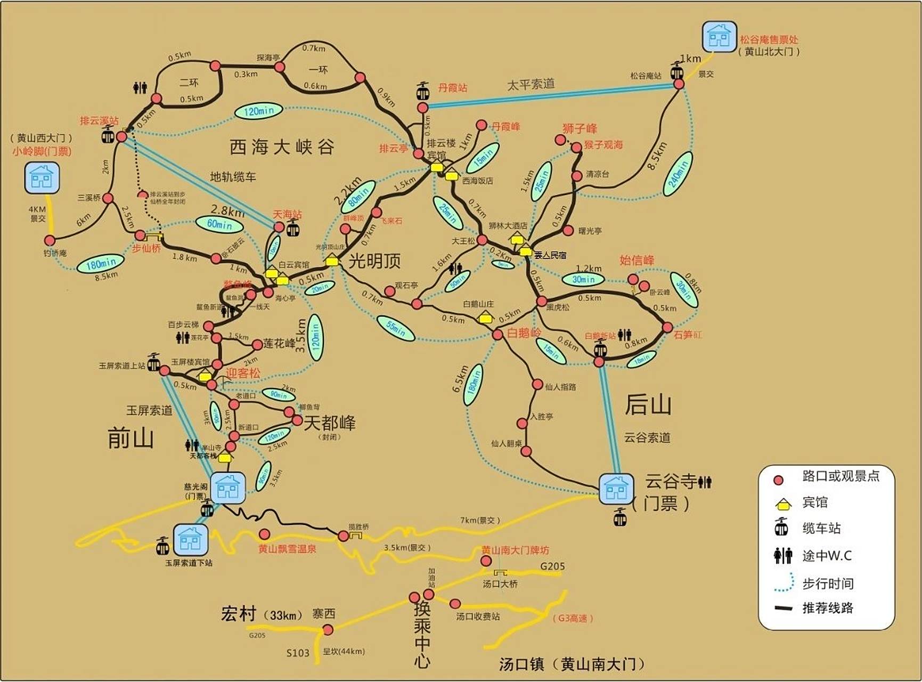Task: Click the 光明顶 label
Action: (x=374, y=261)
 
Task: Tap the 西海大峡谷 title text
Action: (x=282, y=147)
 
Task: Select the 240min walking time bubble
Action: (x=678, y=173)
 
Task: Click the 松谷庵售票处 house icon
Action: (x=719, y=36)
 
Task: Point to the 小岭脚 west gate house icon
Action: (x=42, y=177)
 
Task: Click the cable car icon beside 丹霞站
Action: (x=422, y=91)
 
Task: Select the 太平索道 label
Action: (x=531, y=84)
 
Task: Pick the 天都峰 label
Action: (x=329, y=423)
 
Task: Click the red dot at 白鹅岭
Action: (x=497, y=335)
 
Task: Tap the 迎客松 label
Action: (x=243, y=373)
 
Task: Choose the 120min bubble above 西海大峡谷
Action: (x=258, y=111)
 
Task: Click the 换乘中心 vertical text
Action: (x=422, y=634)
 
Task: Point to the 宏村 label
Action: (x=239, y=614)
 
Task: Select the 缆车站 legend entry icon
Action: (x=781, y=527)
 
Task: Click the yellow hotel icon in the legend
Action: (x=782, y=502)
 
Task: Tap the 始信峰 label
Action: (x=637, y=261)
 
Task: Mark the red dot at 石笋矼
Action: (x=667, y=328)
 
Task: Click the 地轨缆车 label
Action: (x=233, y=177)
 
